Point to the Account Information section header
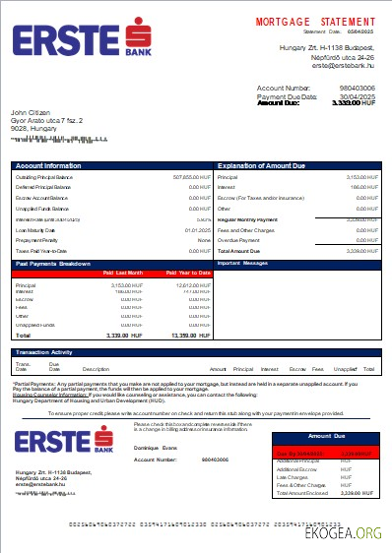48,166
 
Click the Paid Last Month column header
123,273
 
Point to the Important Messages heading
241,264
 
